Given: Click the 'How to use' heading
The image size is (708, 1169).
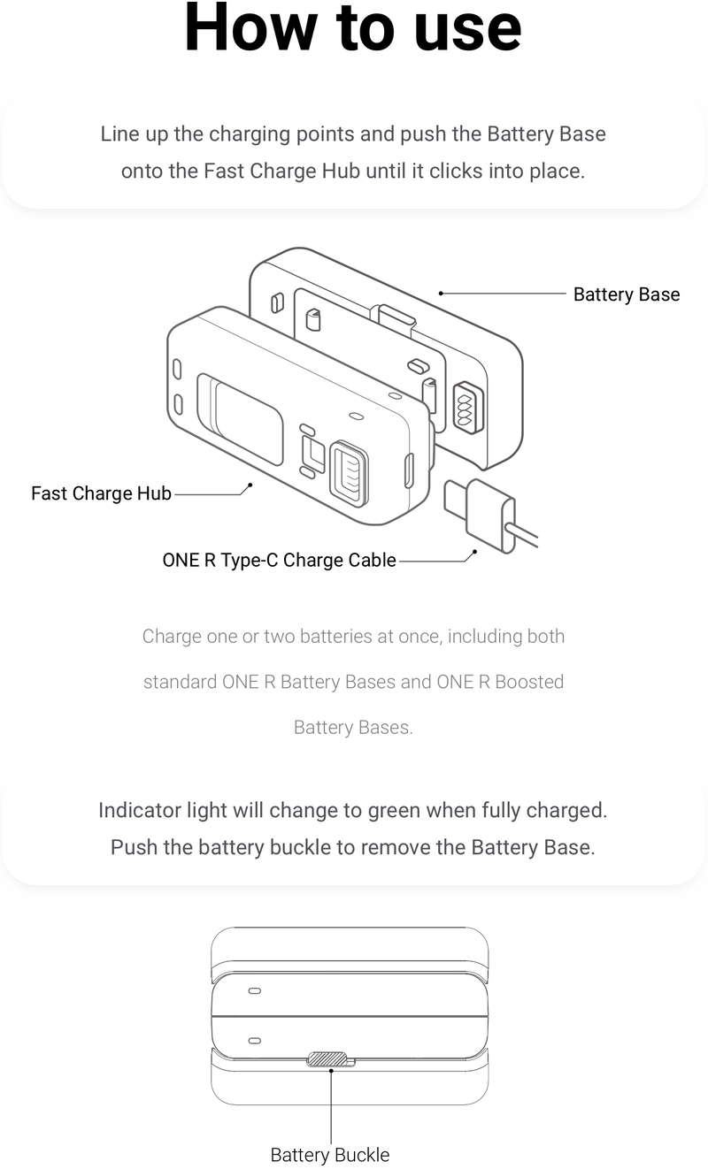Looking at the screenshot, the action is coord(353,27).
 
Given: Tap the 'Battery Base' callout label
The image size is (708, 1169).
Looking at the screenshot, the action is coord(627,294).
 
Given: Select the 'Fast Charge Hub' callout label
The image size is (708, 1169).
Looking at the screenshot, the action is coord(101,493).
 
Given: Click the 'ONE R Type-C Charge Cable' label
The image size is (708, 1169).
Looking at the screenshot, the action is coord(280,560).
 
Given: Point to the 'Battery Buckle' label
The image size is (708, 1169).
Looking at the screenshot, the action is coord(330,1155).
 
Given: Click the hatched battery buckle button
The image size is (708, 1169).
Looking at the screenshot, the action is coord(327,1058).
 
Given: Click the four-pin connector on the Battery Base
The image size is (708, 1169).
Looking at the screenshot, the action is coord(466,409).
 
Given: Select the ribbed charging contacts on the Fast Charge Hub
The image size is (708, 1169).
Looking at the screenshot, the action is coord(349,473).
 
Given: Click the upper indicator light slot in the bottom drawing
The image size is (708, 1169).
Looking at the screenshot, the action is coord(254,990).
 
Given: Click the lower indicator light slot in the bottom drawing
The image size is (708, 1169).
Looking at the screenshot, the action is coord(254,1041).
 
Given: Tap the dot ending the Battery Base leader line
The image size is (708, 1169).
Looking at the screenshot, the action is coord(441,294).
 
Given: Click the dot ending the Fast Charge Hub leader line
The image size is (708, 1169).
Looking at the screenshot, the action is coord(250,485).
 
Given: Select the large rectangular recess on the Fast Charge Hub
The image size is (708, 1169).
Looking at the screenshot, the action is coord(240,418).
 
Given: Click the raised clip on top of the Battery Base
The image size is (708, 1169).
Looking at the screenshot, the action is coord(393,319).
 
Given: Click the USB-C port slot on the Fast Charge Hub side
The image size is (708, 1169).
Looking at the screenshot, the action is coord(410,470).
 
